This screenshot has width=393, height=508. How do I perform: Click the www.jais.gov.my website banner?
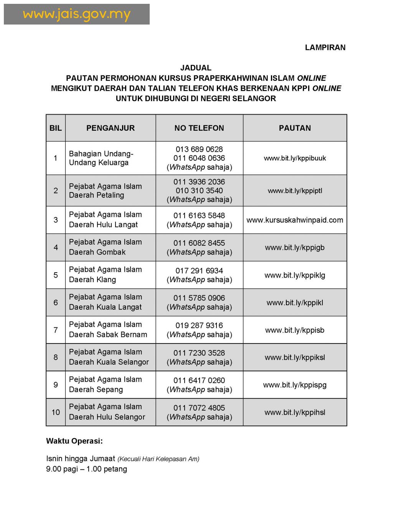(x=77, y=15)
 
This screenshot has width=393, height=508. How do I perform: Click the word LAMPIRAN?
(x=325, y=48)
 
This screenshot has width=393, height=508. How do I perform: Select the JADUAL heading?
(x=196, y=68)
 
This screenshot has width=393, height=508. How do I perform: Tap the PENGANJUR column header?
(x=111, y=128)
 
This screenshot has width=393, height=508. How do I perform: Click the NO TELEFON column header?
(x=199, y=128)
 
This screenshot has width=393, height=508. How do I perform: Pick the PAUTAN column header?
(x=295, y=128)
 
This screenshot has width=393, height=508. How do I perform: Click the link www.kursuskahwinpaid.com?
(x=295, y=220)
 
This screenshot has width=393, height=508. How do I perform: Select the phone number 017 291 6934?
(x=199, y=271)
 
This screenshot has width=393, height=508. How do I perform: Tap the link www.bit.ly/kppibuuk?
(x=295, y=158)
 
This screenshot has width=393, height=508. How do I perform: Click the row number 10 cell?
(x=56, y=412)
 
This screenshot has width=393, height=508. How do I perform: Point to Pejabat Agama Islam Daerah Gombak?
(x=105, y=247)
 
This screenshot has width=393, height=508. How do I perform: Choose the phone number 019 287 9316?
(x=199, y=326)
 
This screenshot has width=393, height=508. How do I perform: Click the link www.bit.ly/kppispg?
(x=295, y=385)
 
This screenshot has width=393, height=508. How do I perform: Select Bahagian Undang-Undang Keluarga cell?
(x=101, y=158)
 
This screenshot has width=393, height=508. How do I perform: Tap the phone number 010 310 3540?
(x=199, y=191)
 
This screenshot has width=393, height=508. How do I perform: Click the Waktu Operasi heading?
(x=74, y=441)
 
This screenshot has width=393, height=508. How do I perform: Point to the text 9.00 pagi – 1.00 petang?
(x=86, y=469)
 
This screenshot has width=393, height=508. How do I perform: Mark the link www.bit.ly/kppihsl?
(x=295, y=413)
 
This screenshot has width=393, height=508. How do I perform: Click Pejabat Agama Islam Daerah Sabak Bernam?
(x=108, y=330)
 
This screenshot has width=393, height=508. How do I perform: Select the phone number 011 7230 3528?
(x=199, y=353)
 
